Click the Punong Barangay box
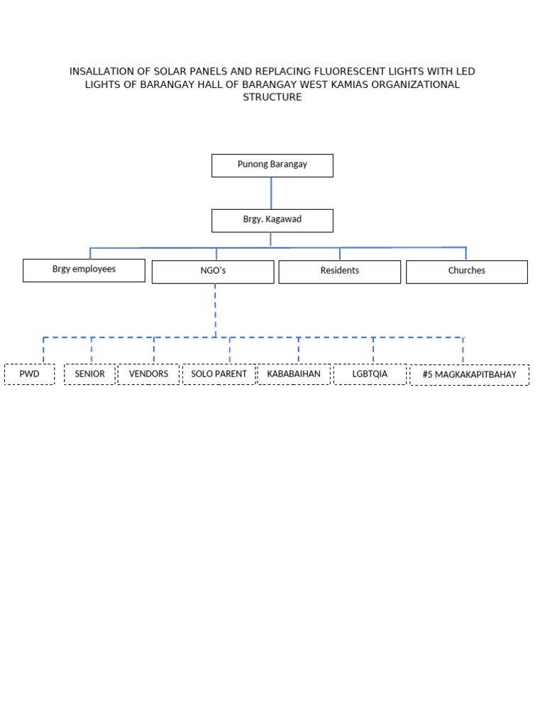272,165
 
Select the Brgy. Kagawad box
272,220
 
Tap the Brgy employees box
84,270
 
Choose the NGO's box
213,272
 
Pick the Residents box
339,272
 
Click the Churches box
466,272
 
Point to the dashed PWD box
29,374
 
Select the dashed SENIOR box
89,374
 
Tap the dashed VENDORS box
148,374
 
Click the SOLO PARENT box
219,374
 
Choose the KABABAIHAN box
294,374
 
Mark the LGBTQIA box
370,374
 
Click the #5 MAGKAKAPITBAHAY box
469,375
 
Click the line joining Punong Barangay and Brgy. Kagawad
271,193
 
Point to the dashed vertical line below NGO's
215,310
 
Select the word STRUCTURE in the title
272,97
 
